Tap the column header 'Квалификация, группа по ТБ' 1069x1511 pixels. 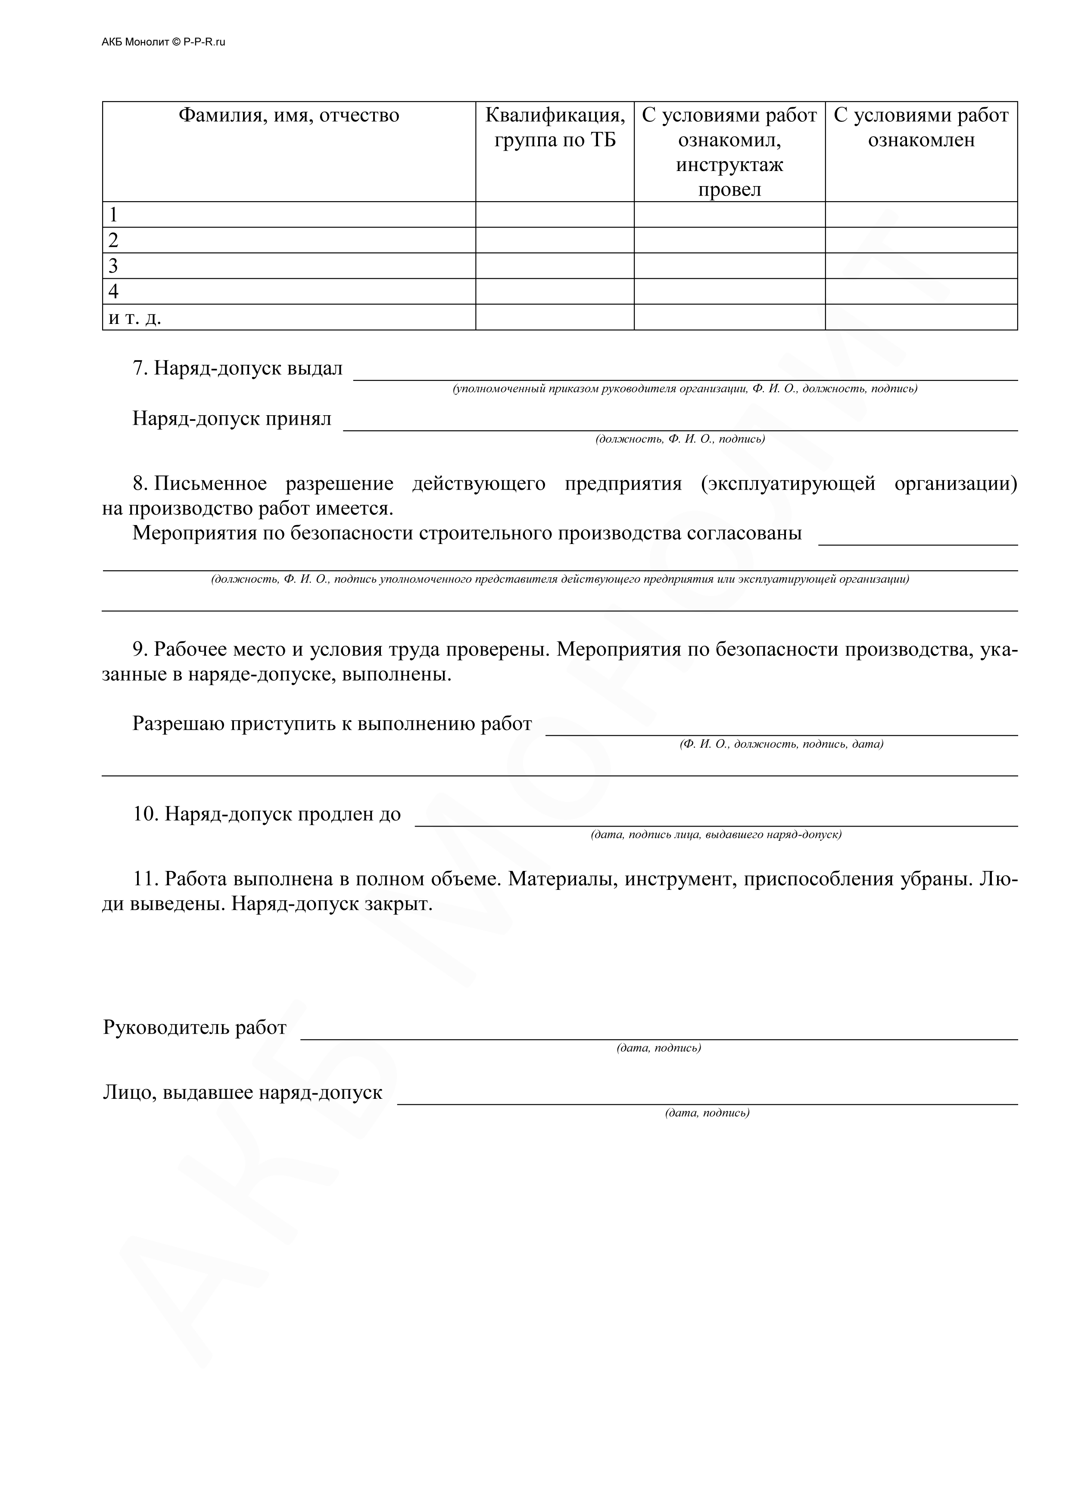coord(555,127)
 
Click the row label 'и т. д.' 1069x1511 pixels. coord(135,318)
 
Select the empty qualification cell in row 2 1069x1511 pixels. coord(555,240)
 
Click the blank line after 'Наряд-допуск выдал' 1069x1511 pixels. coord(685,375)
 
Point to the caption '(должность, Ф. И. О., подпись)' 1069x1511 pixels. coord(680,439)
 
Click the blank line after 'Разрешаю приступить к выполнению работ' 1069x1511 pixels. coord(781,730)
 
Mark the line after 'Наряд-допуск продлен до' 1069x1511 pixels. coord(716,821)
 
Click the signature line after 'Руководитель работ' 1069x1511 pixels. coord(658,1035)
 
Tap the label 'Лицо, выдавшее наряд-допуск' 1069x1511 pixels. coord(242,1092)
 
